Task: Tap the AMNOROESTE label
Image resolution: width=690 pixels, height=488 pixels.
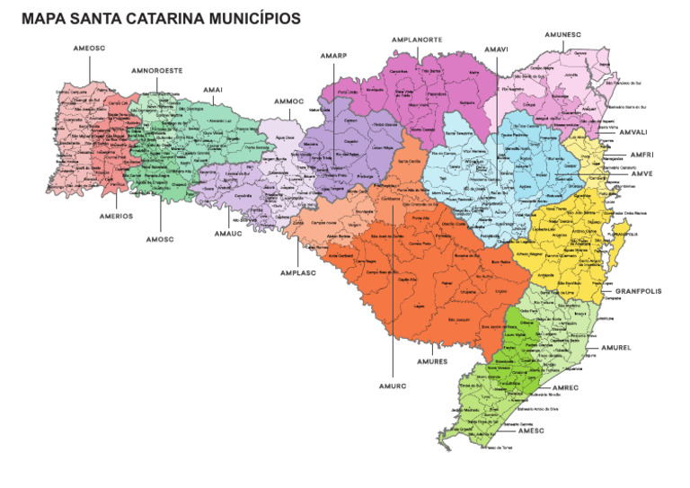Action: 157,69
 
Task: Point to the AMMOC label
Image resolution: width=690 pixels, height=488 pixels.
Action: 290,101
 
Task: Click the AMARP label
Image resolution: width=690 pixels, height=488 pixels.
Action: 333,56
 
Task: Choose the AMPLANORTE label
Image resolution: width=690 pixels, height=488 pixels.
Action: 416,40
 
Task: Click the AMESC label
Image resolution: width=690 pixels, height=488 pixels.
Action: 532,430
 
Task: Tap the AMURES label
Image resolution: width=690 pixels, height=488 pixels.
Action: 432,361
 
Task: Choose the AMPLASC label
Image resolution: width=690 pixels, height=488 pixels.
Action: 296,272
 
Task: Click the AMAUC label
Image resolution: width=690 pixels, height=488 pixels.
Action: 228,234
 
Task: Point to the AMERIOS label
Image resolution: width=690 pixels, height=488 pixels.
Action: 117,216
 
